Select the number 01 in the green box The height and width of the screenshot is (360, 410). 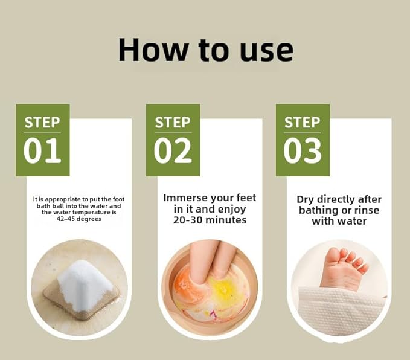pos(42,151)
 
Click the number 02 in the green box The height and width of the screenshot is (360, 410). pos(172,151)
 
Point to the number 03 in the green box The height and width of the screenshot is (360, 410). pos(302,151)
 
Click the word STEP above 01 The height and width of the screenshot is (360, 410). pos(42,123)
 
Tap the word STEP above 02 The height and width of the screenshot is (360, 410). pos(172,123)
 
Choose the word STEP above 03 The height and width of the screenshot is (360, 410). pos(302,123)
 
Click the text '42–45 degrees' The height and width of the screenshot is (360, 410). pos(78,219)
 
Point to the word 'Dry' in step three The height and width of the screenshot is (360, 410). pos(307,200)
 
